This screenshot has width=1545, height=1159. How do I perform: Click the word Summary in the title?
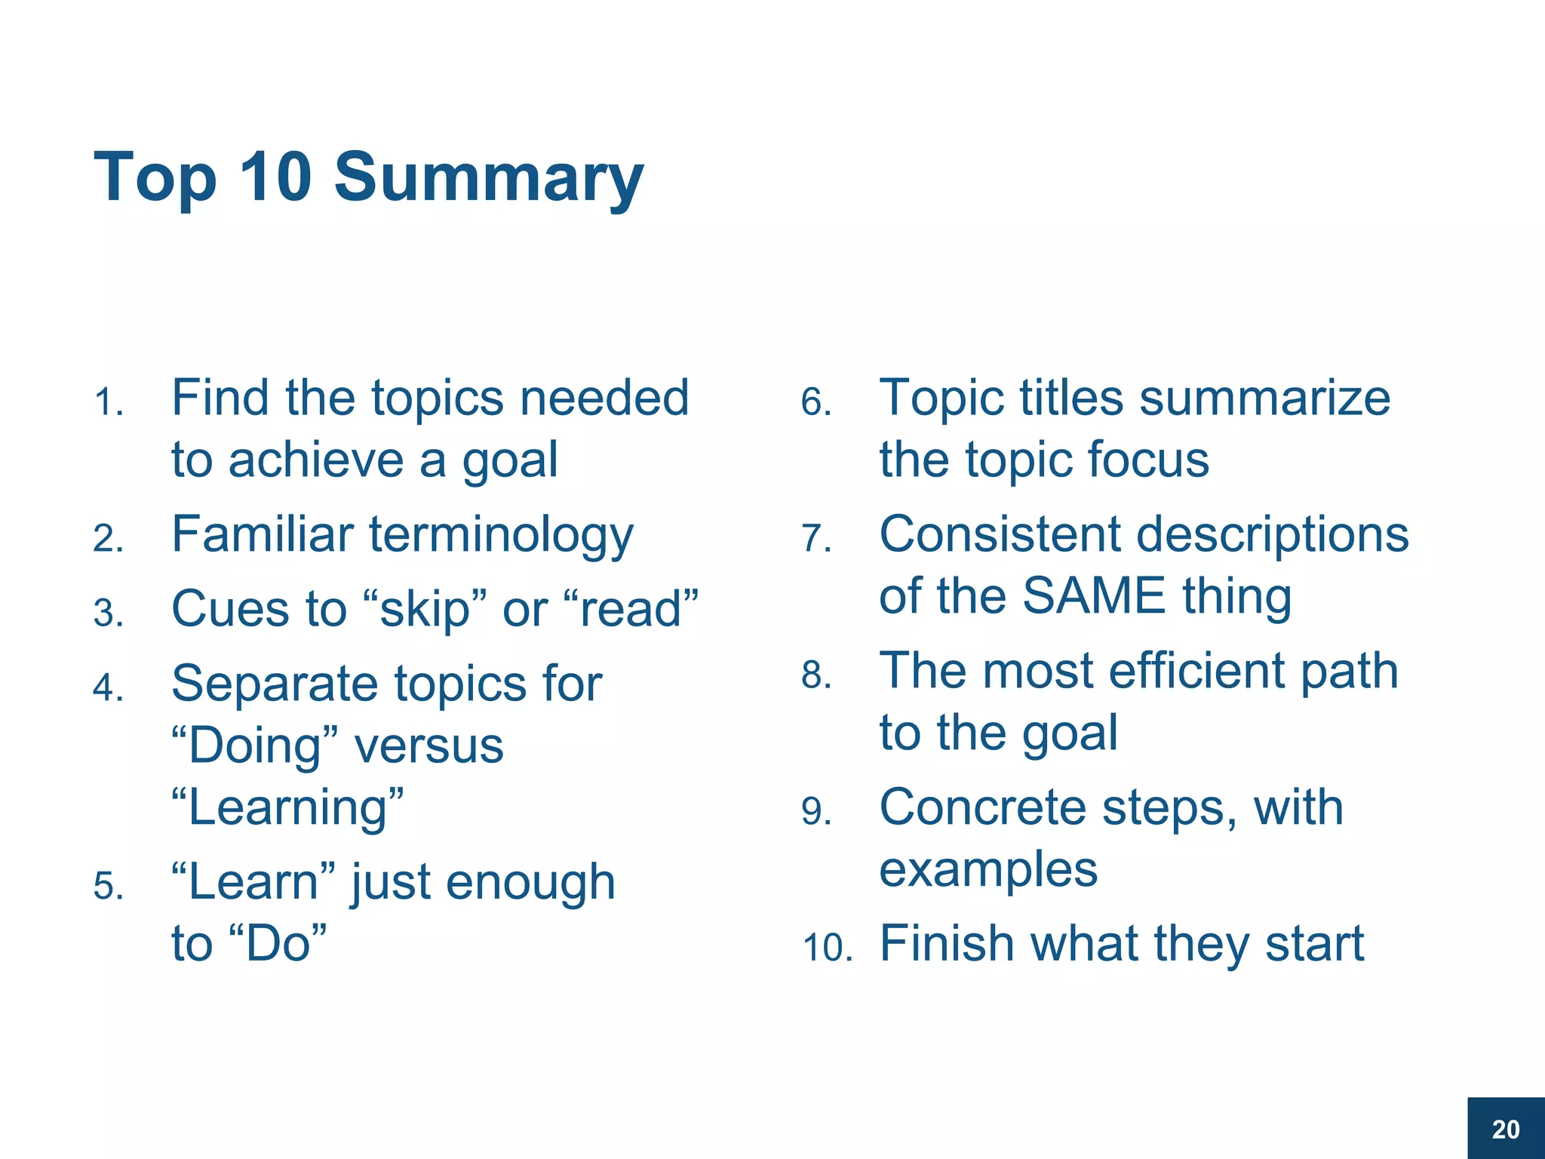click(489, 178)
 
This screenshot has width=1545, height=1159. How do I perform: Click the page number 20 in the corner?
click(1506, 1130)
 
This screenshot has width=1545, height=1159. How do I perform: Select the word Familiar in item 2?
click(263, 534)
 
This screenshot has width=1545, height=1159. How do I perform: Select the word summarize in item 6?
click(1264, 398)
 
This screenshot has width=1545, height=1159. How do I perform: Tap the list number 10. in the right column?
click(827, 948)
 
